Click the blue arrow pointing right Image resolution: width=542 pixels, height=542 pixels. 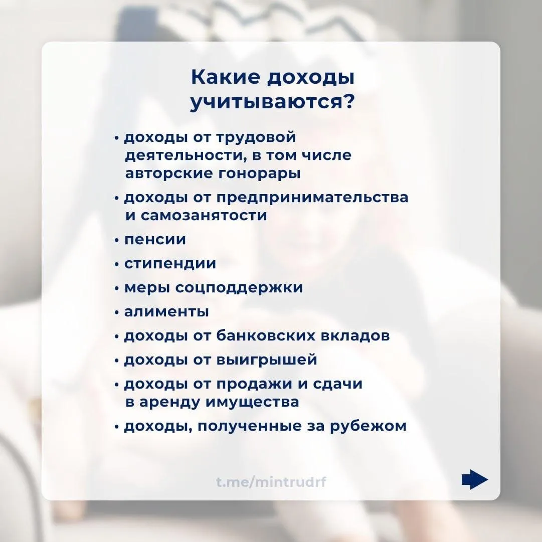(x=474, y=480)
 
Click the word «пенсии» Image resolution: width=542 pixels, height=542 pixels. (x=155, y=240)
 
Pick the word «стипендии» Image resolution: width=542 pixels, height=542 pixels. (x=170, y=264)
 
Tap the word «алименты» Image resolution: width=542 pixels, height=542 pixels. (x=166, y=312)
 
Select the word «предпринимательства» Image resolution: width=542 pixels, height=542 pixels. (x=312, y=198)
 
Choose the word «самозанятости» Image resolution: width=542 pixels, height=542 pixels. (x=203, y=216)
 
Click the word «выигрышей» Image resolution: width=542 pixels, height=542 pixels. (x=267, y=360)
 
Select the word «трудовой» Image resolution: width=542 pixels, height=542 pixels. (x=256, y=137)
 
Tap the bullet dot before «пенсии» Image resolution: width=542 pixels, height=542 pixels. (x=117, y=240)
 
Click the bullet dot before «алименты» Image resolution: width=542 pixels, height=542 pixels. (x=117, y=312)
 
